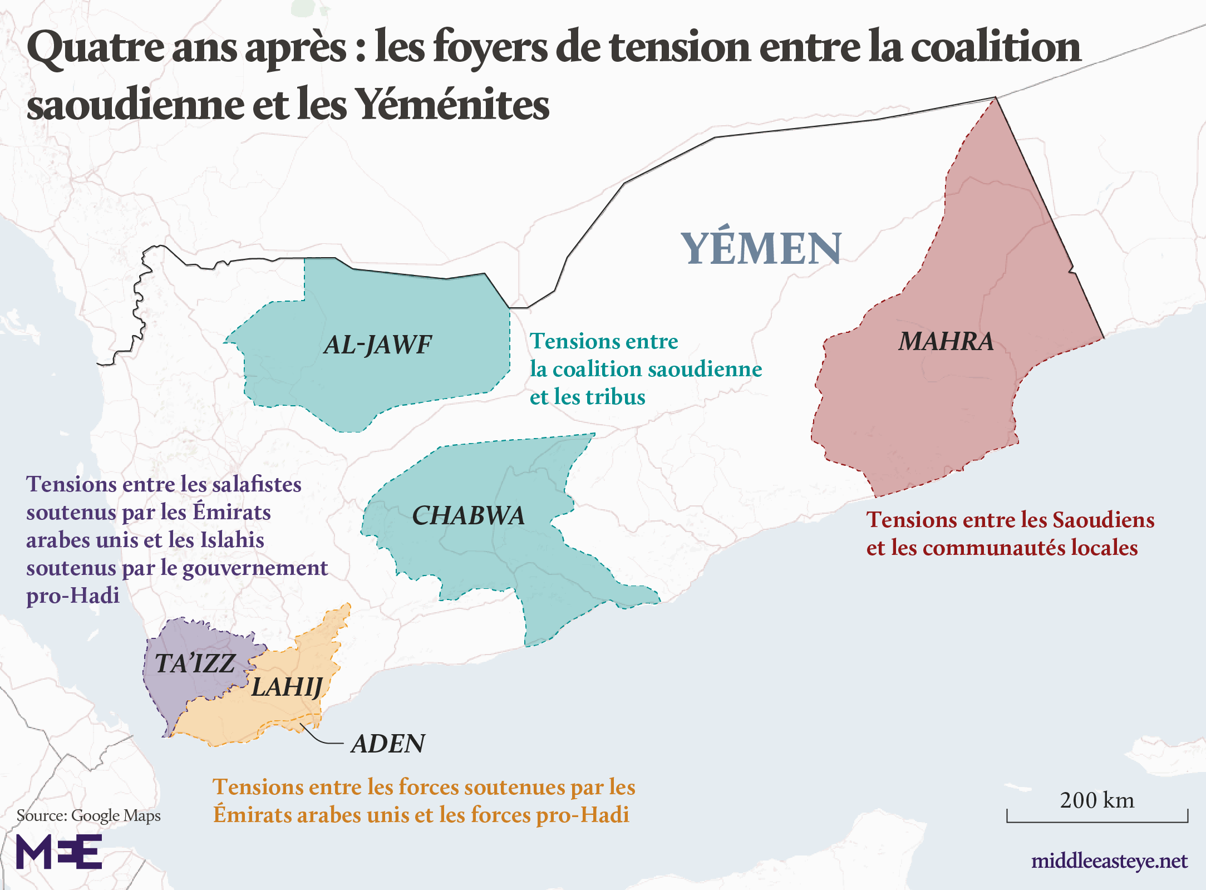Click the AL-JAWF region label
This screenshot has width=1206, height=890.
tap(377, 345)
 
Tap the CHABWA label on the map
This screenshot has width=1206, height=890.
tap(468, 516)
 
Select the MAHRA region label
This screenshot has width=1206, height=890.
tap(946, 341)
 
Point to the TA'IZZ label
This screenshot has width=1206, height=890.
tap(195, 663)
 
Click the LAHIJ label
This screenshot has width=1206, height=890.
tap(287, 687)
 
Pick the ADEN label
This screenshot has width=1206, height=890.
tap(388, 744)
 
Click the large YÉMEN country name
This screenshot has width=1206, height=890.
tap(761, 248)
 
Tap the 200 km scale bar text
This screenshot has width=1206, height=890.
tap(1097, 800)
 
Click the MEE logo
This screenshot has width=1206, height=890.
tap(59, 852)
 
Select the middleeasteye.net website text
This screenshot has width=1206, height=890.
tap(1109, 861)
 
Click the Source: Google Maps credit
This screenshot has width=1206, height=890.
tap(88, 815)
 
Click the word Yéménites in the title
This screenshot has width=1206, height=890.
tap(452, 105)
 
